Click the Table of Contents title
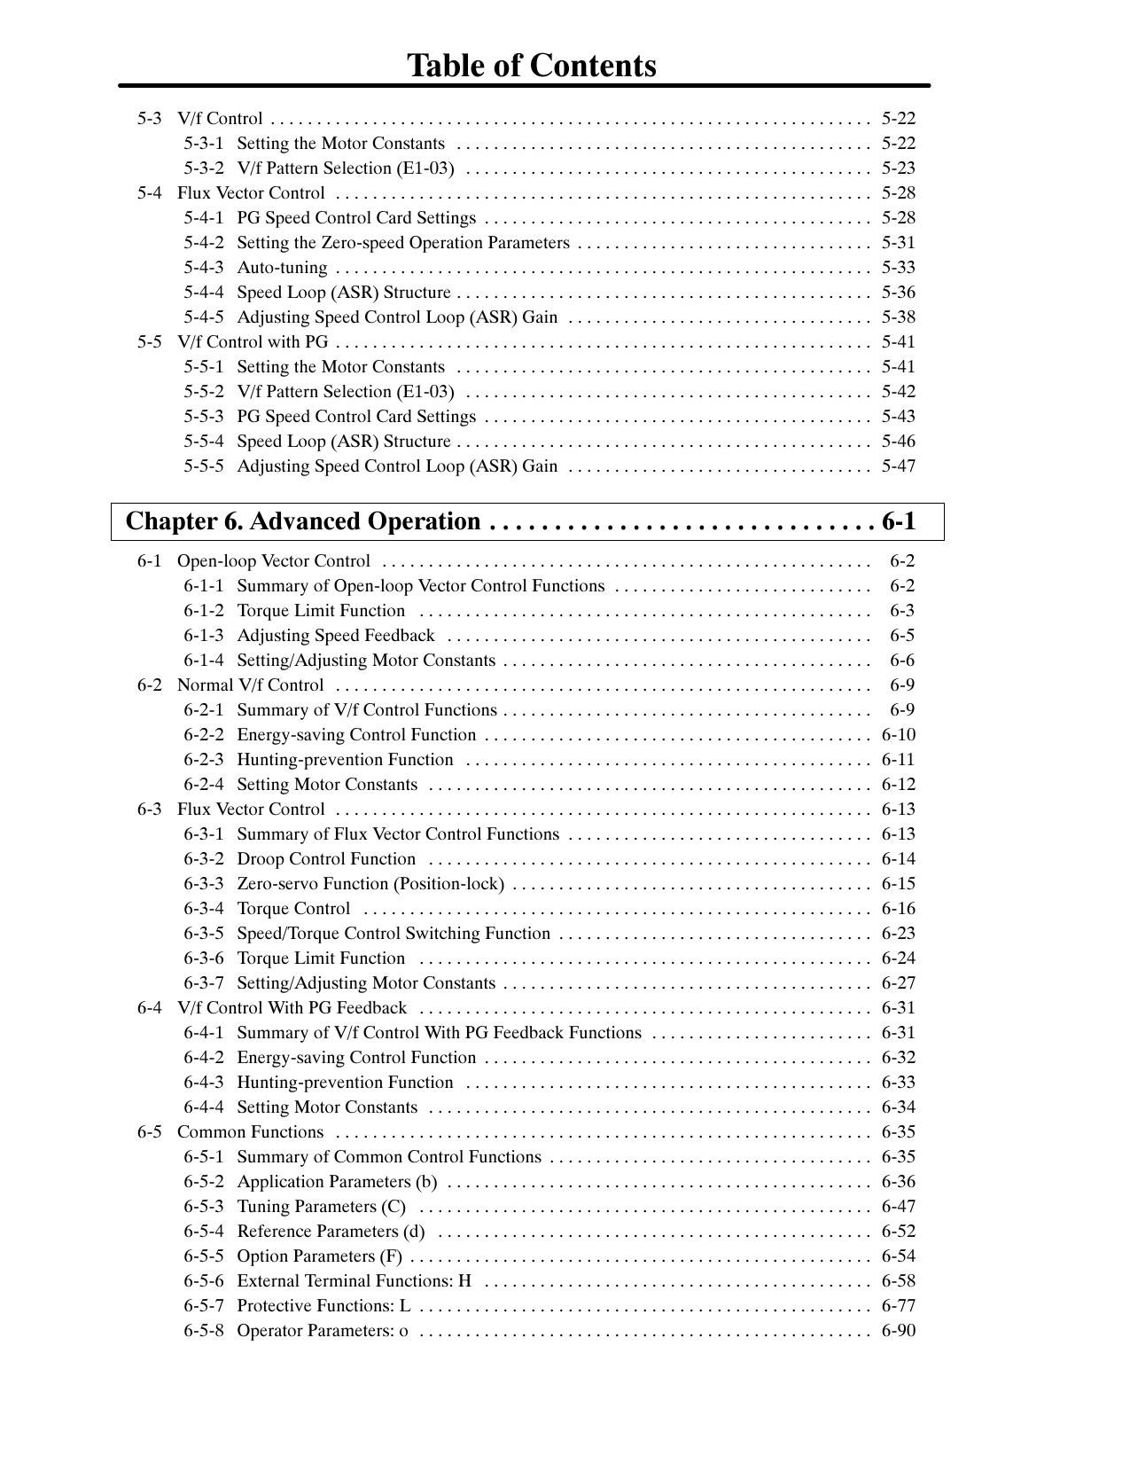(531, 66)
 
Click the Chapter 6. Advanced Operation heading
(303, 521)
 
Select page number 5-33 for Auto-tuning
(898, 268)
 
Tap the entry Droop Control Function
(326, 859)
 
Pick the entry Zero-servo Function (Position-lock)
(370, 884)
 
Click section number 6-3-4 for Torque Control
(204, 909)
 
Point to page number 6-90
(898, 1331)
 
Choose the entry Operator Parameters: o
(323, 1331)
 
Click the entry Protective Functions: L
(323, 1306)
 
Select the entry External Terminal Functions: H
(354, 1281)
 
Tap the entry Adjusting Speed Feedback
(336, 636)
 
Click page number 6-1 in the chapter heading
(899, 521)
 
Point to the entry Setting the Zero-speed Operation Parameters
(403, 243)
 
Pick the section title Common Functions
(250, 1132)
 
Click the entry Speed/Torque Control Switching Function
(394, 934)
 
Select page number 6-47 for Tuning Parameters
(898, 1207)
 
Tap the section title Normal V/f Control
(250, 685)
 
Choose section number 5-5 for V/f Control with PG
(150, 342)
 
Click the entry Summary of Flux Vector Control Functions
(398, 834)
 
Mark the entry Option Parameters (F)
(319, 1256)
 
